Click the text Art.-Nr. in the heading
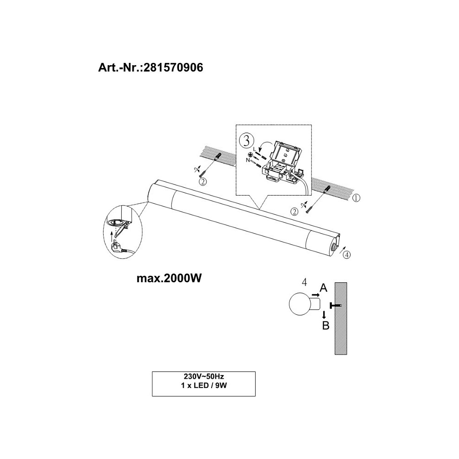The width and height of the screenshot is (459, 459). click(120, 67)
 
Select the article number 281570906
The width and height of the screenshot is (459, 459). click(174, 67)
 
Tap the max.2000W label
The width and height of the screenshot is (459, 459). click(169, 278)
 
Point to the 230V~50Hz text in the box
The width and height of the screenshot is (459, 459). click(204, 376)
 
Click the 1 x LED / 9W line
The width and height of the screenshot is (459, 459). click(204, 386)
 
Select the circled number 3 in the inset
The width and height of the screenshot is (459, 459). click(246, 141)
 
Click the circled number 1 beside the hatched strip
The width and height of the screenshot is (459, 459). click(356, 198)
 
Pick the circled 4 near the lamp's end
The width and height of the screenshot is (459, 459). click(347, 255)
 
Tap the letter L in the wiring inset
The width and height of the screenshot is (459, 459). click(254, 149)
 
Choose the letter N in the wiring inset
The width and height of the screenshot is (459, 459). click(248, 160)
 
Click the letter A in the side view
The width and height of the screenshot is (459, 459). click(324, 288)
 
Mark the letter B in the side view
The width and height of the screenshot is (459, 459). click(325, 325)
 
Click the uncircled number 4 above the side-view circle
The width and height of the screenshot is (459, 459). click(305, 282)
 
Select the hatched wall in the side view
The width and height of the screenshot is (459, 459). click(341, 319)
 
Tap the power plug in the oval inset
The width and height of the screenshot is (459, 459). click(117, 250)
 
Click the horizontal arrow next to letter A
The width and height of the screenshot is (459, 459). click(315, 294)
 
